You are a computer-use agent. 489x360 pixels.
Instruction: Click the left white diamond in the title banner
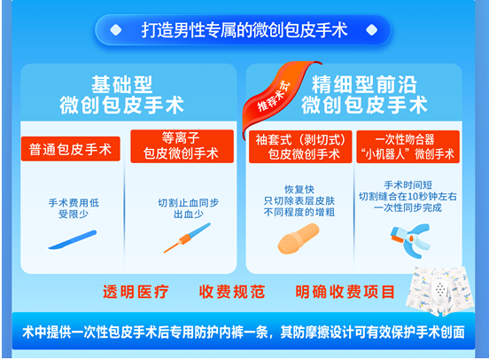tap(116, 30)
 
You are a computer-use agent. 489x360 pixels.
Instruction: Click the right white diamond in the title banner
tap(371, 30)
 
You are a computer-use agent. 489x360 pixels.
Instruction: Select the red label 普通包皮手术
tap(71, 149)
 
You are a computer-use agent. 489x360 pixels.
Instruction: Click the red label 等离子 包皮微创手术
tap(182, 146)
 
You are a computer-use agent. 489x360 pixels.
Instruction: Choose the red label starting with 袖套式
tap(300, 146)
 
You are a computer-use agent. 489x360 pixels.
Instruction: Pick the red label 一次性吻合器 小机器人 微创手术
tap(407, 146)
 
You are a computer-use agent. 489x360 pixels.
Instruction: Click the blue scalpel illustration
tap(73, 240)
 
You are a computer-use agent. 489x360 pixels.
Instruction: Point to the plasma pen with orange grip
tap(187, 238)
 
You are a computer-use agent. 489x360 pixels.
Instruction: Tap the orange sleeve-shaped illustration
tap(299, 239)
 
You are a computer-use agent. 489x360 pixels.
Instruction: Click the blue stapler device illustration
tap(411, 239)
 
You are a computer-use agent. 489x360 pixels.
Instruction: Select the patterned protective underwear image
tap(439, 291)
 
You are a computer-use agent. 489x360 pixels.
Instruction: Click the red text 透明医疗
tap(136, 292)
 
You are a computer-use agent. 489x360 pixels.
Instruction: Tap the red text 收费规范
tap(232, 292)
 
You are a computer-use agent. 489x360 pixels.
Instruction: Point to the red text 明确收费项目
tap(345, 292)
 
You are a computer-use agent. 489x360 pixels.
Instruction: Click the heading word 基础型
tap(122, 84)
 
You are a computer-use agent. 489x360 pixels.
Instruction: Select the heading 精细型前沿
tap(364, 84)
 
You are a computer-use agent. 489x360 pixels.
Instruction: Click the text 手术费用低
tap(74, 203)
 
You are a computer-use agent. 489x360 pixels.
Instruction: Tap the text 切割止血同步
tap(189, 203)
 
